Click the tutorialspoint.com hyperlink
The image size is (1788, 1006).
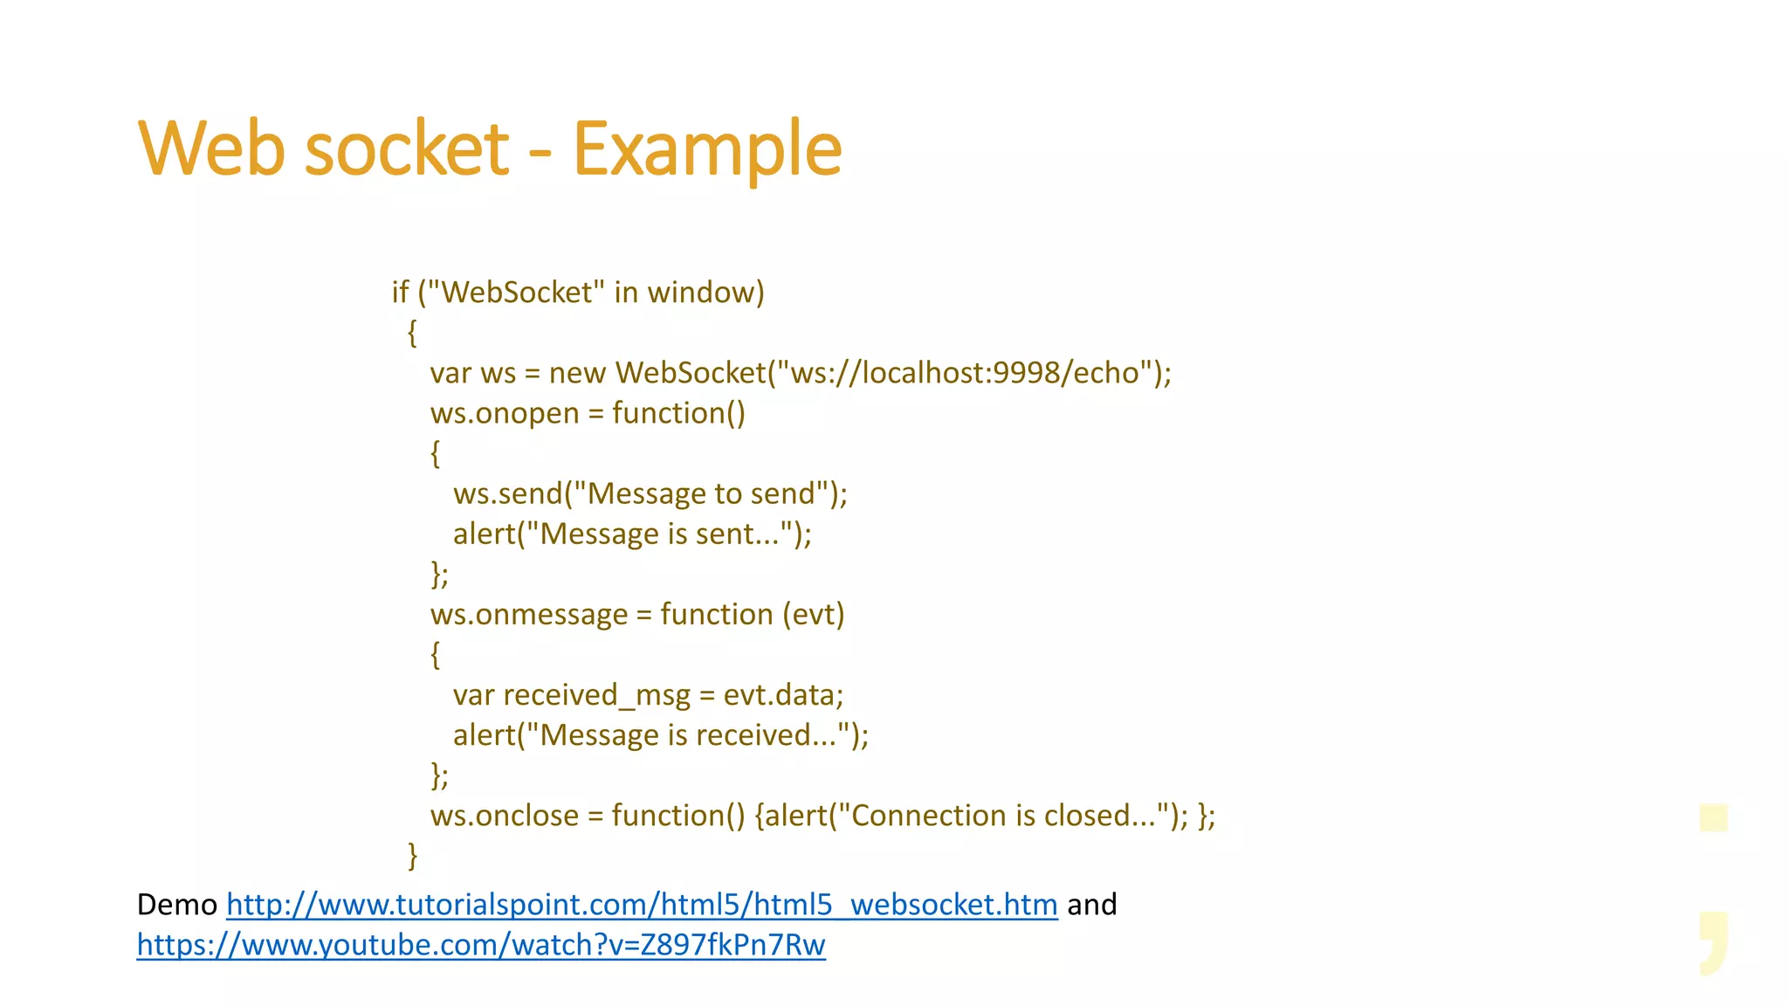642,905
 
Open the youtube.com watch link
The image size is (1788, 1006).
481,945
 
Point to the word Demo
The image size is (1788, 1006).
176,905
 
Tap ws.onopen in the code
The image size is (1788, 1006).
505,413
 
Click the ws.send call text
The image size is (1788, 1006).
507,494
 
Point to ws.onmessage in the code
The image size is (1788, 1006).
529,615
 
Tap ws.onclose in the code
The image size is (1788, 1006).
505,816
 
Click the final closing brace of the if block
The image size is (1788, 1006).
413,856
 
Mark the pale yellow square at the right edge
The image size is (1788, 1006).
1714,818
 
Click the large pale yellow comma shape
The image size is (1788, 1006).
1713,941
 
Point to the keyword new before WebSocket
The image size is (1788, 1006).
577,373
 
